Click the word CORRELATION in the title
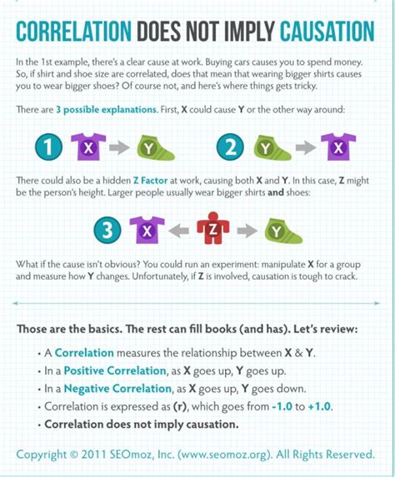[x=74, y=32]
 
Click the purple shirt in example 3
[x=148, y=229]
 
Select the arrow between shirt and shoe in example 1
[x=122, y=148]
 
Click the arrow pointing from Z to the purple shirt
[x=179, y=230]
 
